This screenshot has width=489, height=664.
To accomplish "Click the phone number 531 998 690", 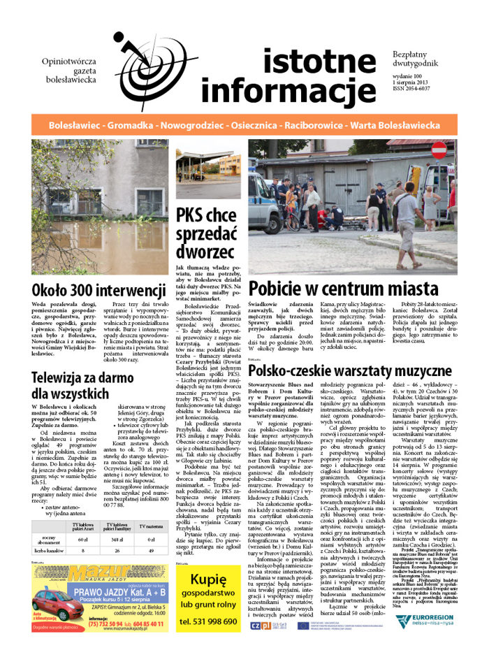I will click(208, 640).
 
